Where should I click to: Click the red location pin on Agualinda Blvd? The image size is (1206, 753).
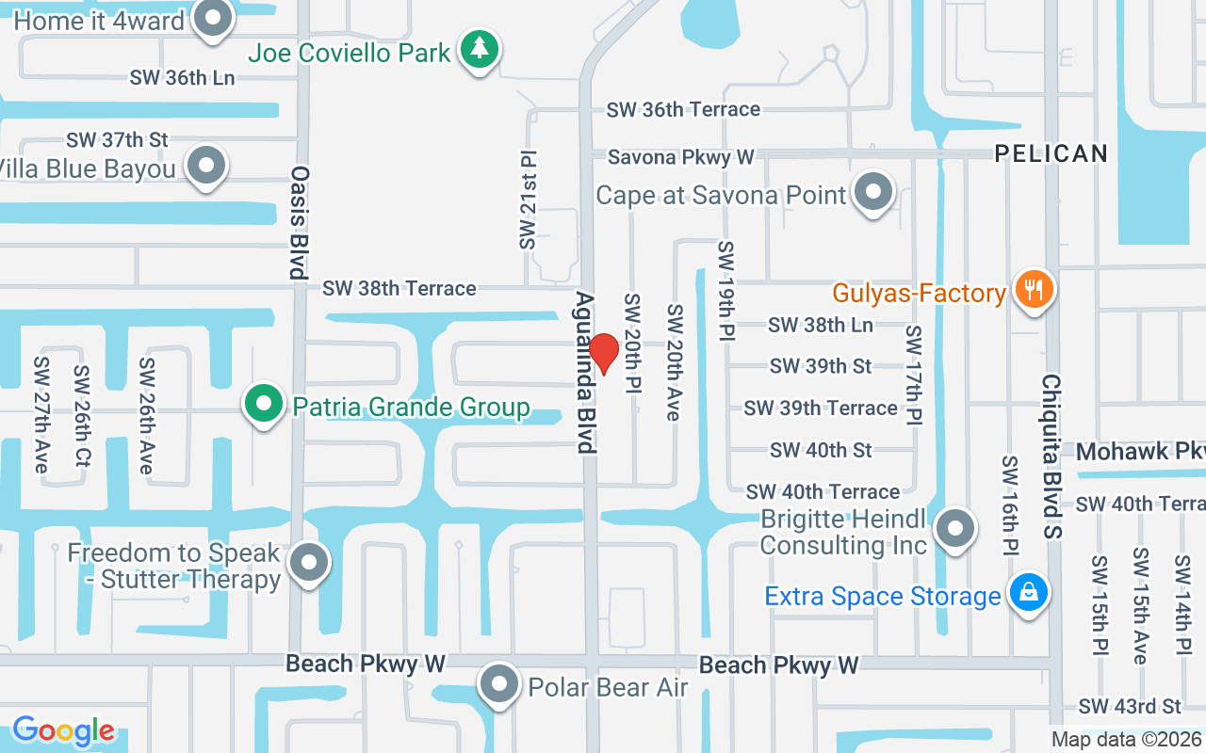point(603,352)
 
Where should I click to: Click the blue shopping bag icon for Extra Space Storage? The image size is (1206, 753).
point(1028,593)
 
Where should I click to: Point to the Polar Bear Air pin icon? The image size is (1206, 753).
point(499,684)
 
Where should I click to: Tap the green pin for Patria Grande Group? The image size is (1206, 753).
point(265,404)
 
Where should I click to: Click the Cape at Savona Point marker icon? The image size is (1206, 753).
point(874,192)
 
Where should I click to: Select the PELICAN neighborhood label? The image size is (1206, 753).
point(1051,153)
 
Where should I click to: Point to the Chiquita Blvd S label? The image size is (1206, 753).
point(1051,457)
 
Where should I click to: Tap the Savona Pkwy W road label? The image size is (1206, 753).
point(681,157)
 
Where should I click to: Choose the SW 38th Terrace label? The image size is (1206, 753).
point(399,288)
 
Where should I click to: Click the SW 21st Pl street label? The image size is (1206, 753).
point(528,199)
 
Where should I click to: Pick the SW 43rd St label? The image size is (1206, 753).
point(1130,706)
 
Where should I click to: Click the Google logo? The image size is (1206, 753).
point(63,730)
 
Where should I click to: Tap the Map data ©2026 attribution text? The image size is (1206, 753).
point(1127,740)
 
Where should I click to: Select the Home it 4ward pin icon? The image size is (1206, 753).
point(214,18)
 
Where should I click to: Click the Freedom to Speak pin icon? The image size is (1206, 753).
point(308,563)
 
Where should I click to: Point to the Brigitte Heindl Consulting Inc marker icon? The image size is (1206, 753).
point(956,528)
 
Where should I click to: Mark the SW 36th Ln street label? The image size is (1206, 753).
point(183,78)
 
